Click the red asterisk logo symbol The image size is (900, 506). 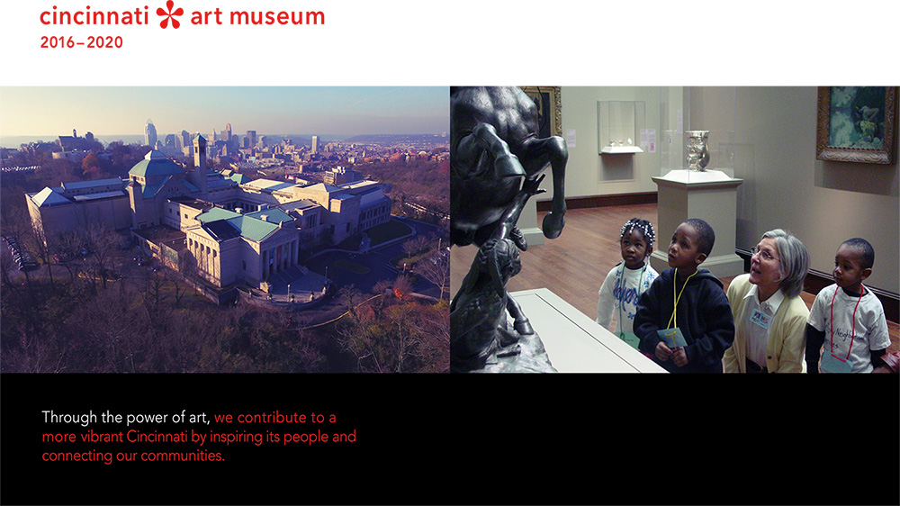[170, 14]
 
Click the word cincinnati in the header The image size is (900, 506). [94, 16]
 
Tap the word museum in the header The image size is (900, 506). [277, 17]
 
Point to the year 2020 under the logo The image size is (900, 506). [105, 42]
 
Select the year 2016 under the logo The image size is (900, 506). [58, 42]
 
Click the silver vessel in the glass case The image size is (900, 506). [697, 150]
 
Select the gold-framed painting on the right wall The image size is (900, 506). [858, 124]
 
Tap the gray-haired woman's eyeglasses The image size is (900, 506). [762, 254]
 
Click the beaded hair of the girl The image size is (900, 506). [638, 230]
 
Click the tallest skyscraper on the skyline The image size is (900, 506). [150, 133]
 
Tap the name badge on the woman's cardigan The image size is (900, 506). [760, 318]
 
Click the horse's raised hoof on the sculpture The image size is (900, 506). [553, 224]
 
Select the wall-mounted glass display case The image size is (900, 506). [620, 128]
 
